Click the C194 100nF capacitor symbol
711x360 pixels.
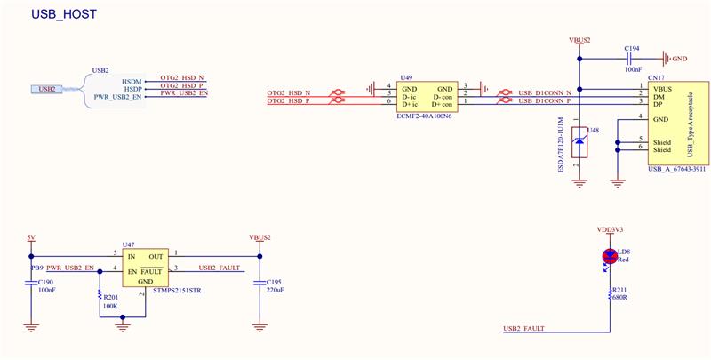click(x=633, y=59)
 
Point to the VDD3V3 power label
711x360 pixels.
click(x=610, y=228)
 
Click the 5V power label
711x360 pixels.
click(x=32, y=237)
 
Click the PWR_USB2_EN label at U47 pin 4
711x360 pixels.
click(x=70, y=268)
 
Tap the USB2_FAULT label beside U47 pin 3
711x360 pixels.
click(x=220, y=268)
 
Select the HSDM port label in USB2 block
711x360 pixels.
click(x=132, y=80)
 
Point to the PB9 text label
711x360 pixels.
click(x=37, y=268)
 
